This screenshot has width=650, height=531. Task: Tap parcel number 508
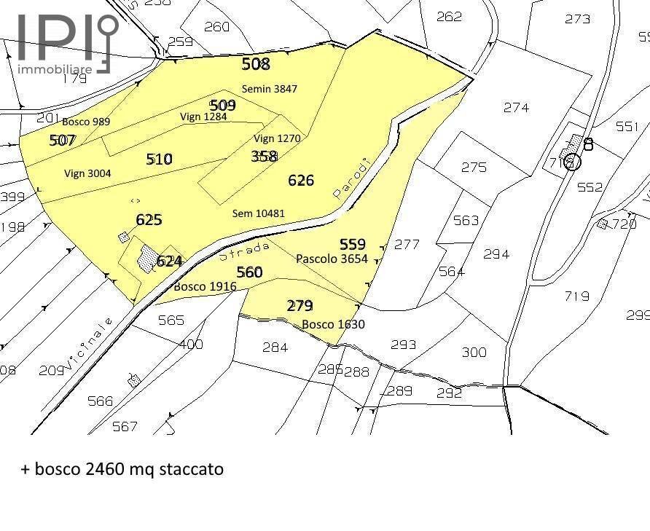[256, 64]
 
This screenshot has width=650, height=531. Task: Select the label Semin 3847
[275, 89]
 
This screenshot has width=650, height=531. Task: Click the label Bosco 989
[86, 122]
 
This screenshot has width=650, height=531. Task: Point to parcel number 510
[159, 158]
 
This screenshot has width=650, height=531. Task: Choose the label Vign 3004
[87, 173]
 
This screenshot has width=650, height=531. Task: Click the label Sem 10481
[258, 213]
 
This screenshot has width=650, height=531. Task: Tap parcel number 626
[301, 180]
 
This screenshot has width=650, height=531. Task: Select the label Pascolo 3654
[332, 259]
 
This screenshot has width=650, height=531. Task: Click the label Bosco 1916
[205, 287]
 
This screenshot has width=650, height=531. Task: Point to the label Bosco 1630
[333, 324]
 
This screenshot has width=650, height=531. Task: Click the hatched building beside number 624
[148, 258]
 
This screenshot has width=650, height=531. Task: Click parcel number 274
[516, 107]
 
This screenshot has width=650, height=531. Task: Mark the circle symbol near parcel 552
[573, 162]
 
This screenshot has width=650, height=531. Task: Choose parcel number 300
[474, 353]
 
